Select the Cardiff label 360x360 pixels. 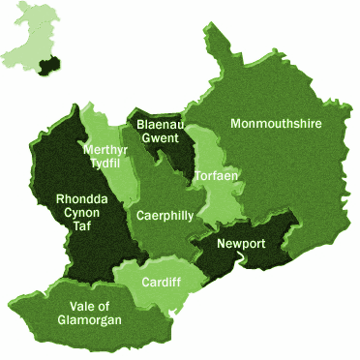tap(160, 282)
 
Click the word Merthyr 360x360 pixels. tap(105, 150)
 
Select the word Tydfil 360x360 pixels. tap(105, 164)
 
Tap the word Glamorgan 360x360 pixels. tap(90, 319)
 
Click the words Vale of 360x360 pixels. tap(89, 305)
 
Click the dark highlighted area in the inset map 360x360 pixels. tap(51, 62)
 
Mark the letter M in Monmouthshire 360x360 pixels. tap(235, 124)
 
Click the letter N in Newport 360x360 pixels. tap(223, 243)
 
